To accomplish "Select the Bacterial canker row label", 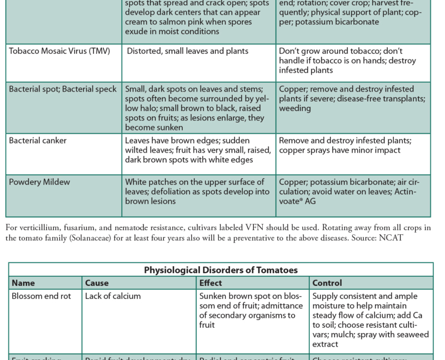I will click(x=38, y=141).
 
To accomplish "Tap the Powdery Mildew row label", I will click(x=39, y=182).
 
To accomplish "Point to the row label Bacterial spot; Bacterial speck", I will click(x=63, y=89).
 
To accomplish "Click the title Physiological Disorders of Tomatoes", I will click(x=221, y=270).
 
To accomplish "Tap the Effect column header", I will click(x=211, y=283).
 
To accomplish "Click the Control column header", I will click(x=327, y=283).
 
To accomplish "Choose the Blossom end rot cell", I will click(x=41, y=296).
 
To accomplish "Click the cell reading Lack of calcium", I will click(x=113, y=296).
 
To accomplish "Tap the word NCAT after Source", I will click(x=393, y=237).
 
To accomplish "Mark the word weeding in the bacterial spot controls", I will click(x=295, y=108).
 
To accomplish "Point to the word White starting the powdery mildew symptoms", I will click(x=136, y=182).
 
